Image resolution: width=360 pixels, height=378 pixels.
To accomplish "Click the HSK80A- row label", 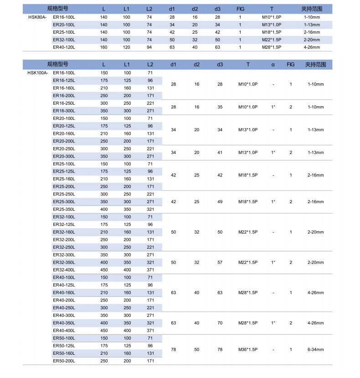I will click(x=37, y=17).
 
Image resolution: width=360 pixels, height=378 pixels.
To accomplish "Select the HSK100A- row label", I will click(x=38, y=73).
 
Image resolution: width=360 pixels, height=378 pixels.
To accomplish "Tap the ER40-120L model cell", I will click(x=64, y=47).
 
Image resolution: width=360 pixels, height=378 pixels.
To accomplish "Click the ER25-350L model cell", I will click(x=64, y=209).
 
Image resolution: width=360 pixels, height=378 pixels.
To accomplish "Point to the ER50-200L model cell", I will click(x=64, y=361).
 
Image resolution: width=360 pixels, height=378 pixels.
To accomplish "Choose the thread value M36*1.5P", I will click(x=248, y=349).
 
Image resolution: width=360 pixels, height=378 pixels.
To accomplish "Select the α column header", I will click(x=273, y=65).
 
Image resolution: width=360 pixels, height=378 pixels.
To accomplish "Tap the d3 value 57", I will click(x=220, y=262).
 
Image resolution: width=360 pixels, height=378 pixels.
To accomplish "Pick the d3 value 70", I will click(x=220, y=323).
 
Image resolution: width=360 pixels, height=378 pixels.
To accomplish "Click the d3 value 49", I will click(x=220, y=202).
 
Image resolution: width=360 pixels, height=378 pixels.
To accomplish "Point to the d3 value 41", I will click(x=220, y=153).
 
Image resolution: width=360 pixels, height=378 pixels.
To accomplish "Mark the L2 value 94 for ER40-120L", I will click(x=149, y=47).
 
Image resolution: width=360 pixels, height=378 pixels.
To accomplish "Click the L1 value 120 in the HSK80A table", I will click(x=126, y=47).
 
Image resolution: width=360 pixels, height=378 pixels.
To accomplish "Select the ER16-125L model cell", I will click(x=64, y=80).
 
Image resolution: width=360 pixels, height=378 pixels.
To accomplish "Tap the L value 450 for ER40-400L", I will click(x=104, y=330).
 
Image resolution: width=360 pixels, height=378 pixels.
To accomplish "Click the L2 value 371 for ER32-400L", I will click(x=150, y=270).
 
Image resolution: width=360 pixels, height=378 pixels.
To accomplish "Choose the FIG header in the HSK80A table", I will click(x=240, y=9).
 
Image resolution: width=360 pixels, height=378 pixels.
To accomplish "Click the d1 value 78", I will click(x=173, y=349).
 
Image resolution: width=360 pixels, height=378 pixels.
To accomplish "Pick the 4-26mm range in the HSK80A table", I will click(x=312, y=47).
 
